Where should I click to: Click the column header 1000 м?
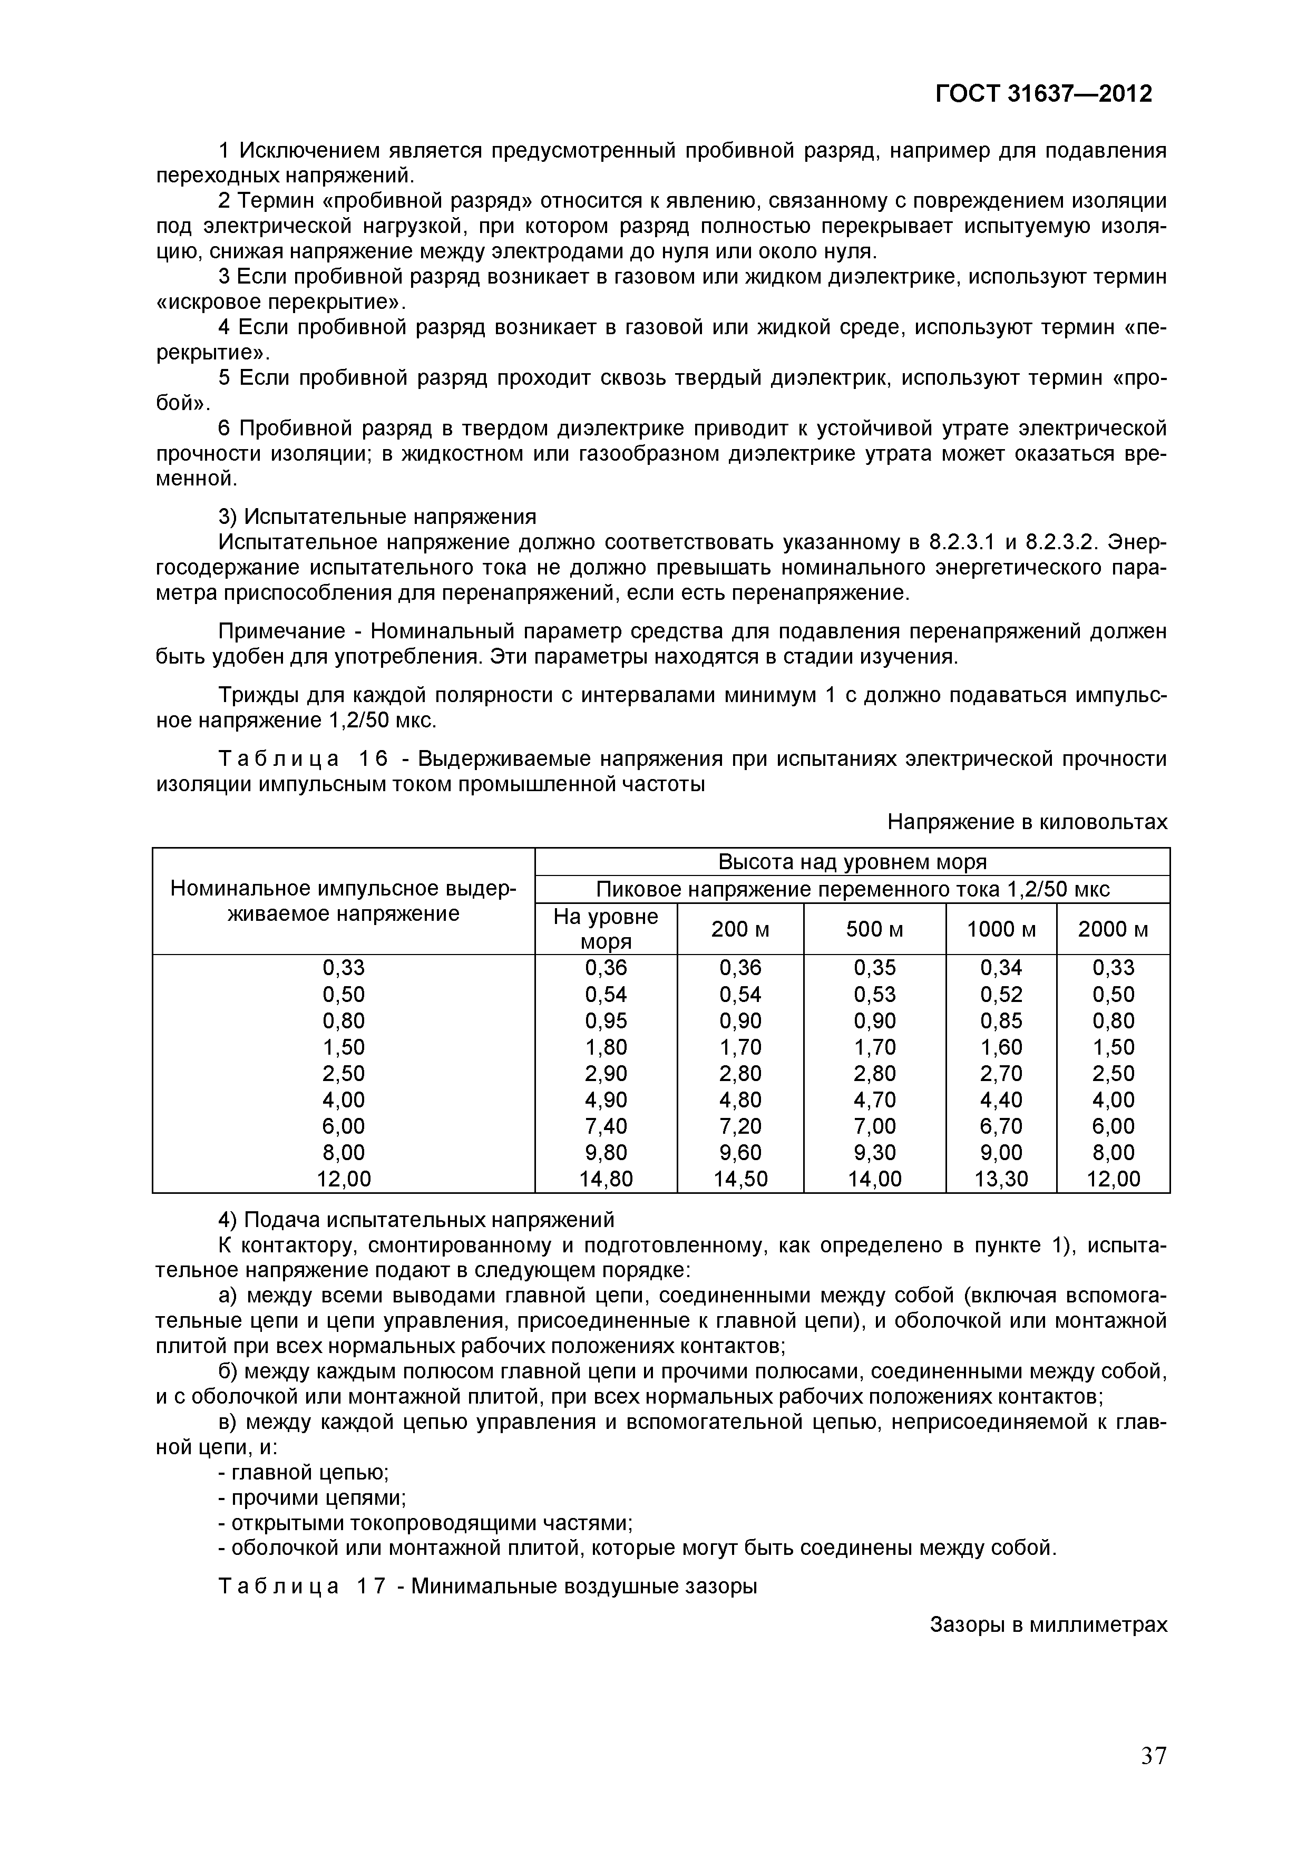(1001, 929)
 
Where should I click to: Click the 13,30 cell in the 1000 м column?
(1001, 1179)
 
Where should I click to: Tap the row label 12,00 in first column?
(344, 1179)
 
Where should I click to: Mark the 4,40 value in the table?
(1001, 1099)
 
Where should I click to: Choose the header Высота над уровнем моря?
(852, 862)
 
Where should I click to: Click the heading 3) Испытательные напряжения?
(378, 515)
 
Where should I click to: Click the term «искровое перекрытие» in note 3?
(281, 303)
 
